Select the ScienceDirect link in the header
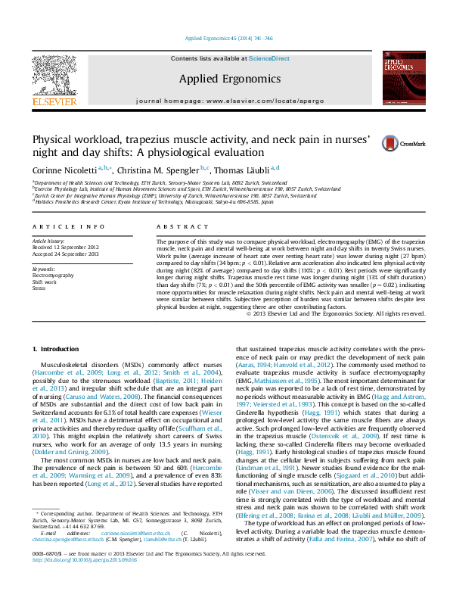click(x=269, y=58)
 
